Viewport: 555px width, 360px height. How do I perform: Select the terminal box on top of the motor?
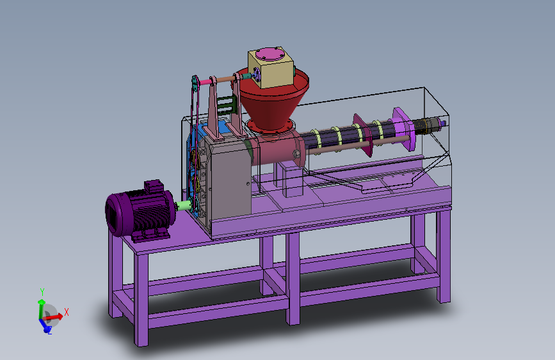(154, 186)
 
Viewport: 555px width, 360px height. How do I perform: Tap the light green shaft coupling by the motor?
(184, 206)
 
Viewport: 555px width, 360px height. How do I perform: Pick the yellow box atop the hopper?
(271, 68)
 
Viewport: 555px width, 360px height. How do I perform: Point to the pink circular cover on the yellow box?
(270, 54)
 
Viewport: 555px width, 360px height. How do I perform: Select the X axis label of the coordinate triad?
(66, 312)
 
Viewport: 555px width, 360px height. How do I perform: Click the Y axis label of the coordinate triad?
(42, 292)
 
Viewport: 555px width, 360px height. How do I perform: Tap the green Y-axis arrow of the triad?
(41, 309)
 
